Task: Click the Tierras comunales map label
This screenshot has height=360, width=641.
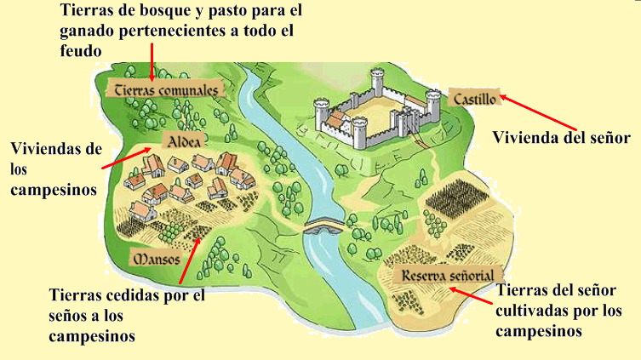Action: tap(167, 88)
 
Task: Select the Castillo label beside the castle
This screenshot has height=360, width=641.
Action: tap(473, 98)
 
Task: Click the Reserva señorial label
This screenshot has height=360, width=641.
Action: tap(445, 276)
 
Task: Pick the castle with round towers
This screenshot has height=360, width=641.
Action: tap(371, 108)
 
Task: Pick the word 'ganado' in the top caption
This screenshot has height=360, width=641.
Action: tap(84, 32)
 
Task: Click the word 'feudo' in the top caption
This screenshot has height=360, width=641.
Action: tap(81, 51)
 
